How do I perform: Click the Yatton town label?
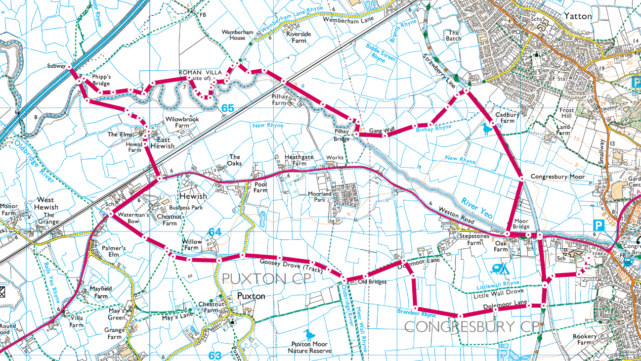coord(577,16)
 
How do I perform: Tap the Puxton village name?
coord(251,296)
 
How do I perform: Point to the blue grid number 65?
coord(227,108)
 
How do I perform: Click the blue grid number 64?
coord(214,232)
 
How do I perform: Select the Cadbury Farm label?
coord(507,118)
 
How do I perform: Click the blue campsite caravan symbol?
coord(500,269)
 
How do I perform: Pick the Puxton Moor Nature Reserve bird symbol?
coord(309,334)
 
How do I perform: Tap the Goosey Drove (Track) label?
coord(291,267)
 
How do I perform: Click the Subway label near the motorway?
coord(56,66)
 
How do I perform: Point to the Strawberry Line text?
coord(438,72)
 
